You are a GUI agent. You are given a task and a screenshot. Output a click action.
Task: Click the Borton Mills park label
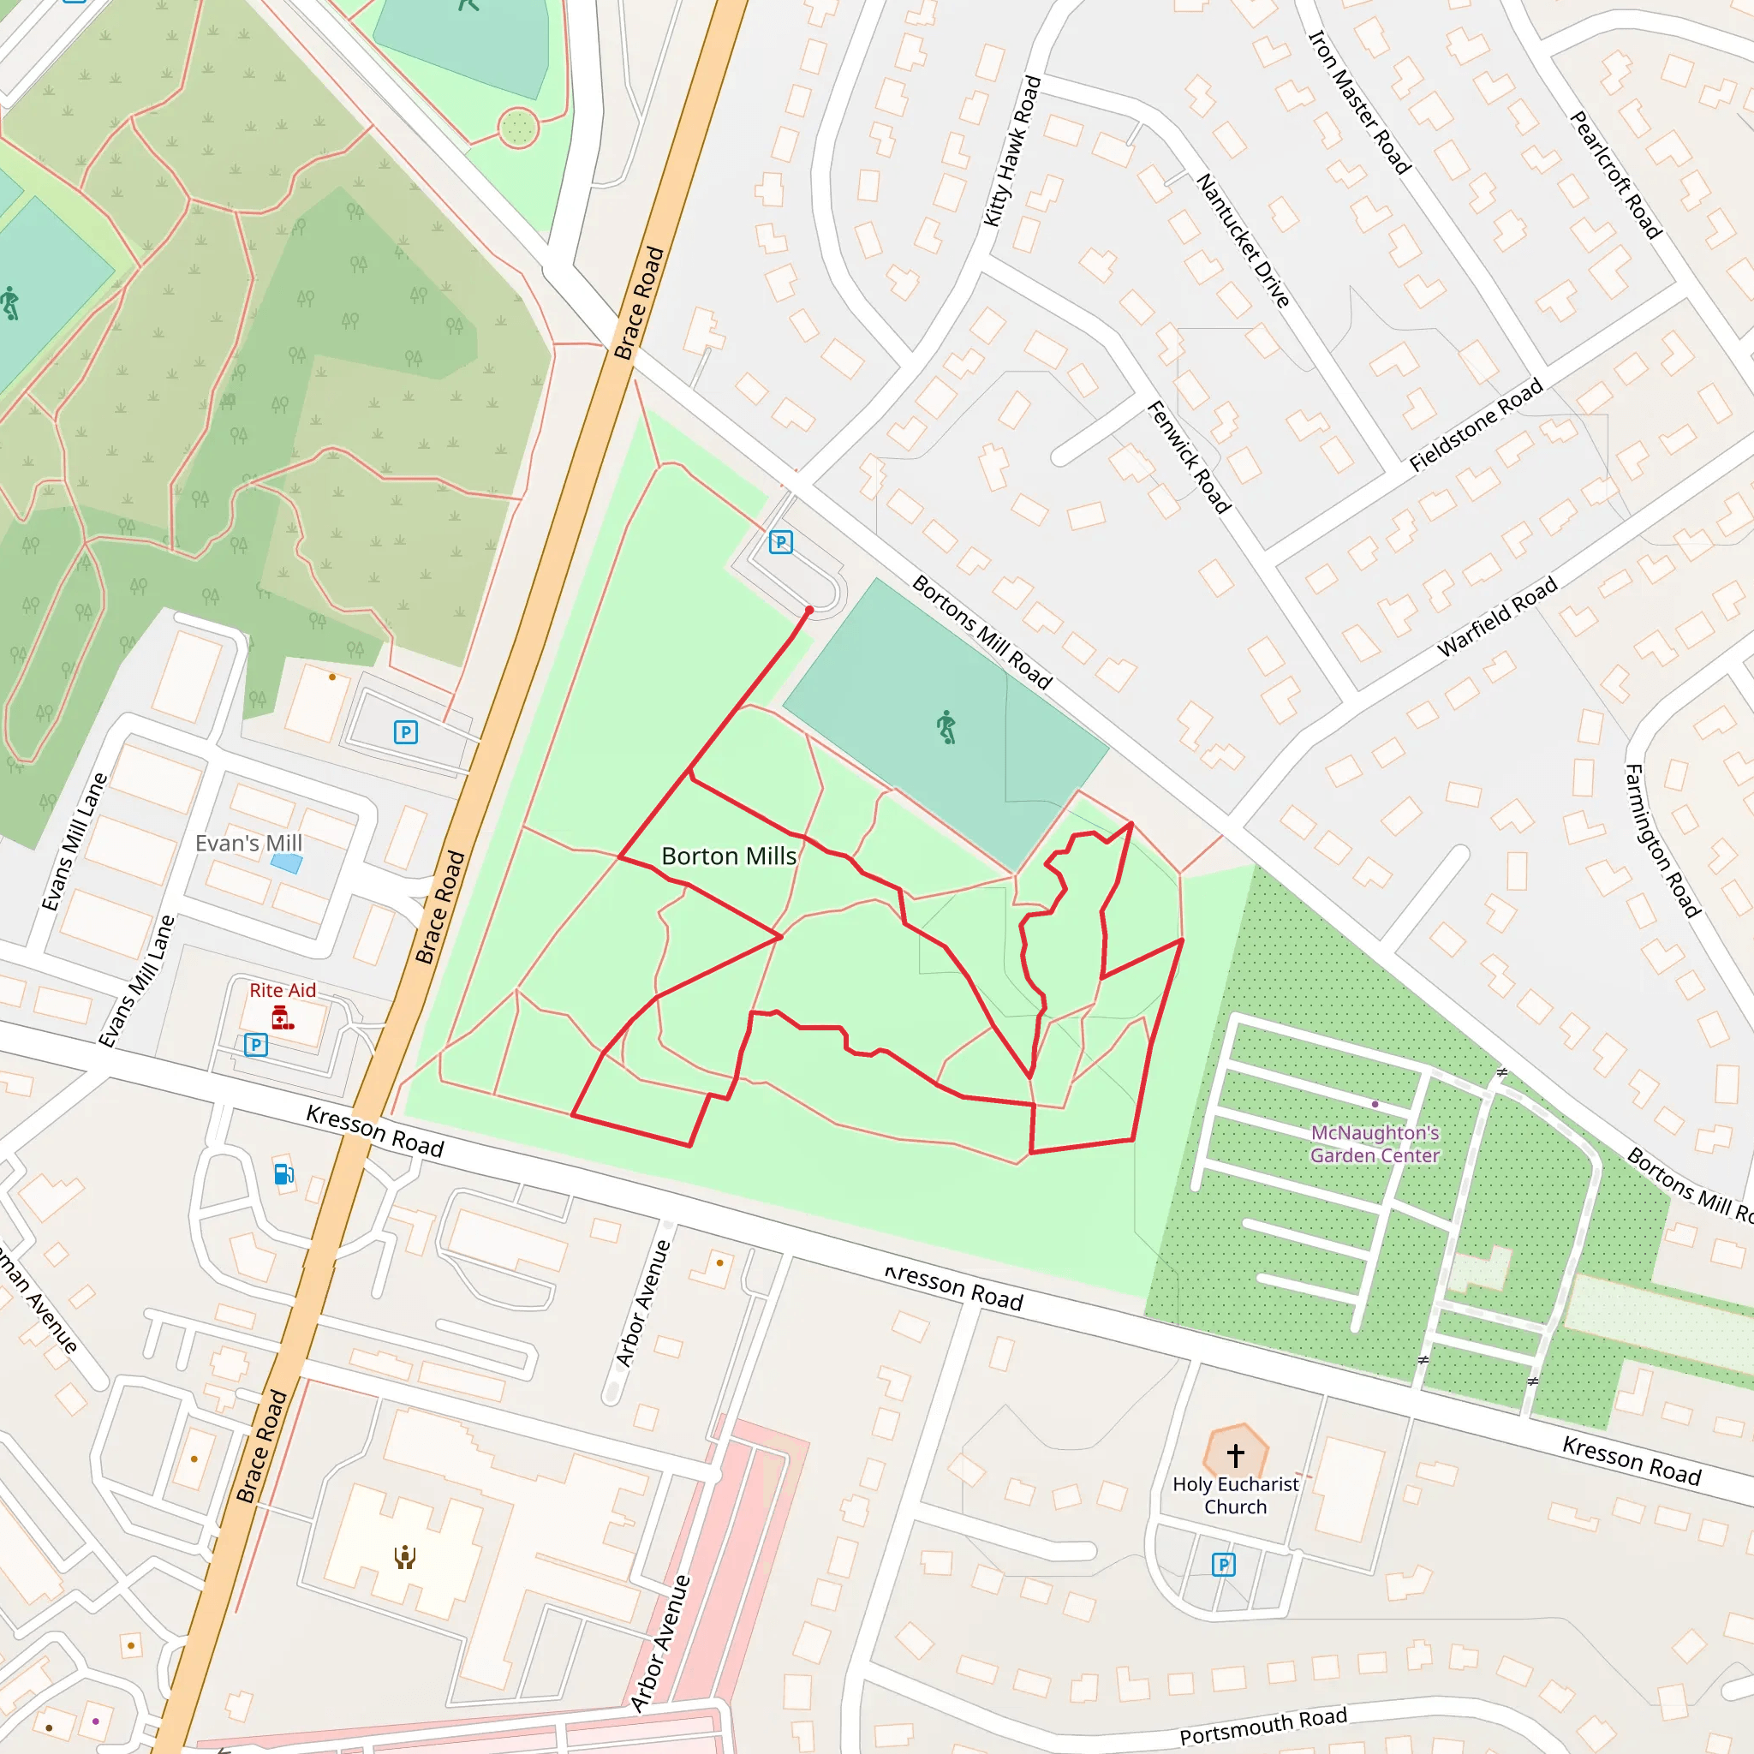tap(728, 856)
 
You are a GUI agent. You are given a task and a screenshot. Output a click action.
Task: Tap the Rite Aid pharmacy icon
tap(283, 1018)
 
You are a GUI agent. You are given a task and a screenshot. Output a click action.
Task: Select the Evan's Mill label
tap(248, 844)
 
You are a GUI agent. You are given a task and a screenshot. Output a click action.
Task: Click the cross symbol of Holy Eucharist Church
tap(1235, 1455)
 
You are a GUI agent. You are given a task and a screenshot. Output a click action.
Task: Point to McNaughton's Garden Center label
tap(1375, 1144)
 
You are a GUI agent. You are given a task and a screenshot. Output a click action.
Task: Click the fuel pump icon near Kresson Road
tap(283, 1174)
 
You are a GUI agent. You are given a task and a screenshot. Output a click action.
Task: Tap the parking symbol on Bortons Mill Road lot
tap(781, 543)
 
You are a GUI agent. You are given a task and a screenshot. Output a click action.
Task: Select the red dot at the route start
tap(808, 611)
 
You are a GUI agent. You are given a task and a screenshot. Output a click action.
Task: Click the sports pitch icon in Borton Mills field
tap(946, 727)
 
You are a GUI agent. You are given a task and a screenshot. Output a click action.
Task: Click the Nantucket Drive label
tap(1243, 241)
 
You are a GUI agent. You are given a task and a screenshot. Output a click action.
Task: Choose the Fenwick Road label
tap(1189, 457)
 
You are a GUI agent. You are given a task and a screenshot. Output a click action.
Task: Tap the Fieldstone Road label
tap(1476, 424)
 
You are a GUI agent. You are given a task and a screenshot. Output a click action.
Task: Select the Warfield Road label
tap(1497, 617)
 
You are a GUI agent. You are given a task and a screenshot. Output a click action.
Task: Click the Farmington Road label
tap(1661, 841)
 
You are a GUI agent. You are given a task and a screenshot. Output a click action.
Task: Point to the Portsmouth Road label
tap(1263, 1726)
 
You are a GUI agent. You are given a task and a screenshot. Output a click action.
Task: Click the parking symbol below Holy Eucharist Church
tap(1223, 1564)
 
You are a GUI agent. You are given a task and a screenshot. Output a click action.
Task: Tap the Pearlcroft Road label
tap(1616, 176)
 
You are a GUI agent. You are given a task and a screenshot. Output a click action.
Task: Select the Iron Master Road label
tap(1358, 102)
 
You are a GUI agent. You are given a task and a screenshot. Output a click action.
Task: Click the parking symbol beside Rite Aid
tap(256, 1045)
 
